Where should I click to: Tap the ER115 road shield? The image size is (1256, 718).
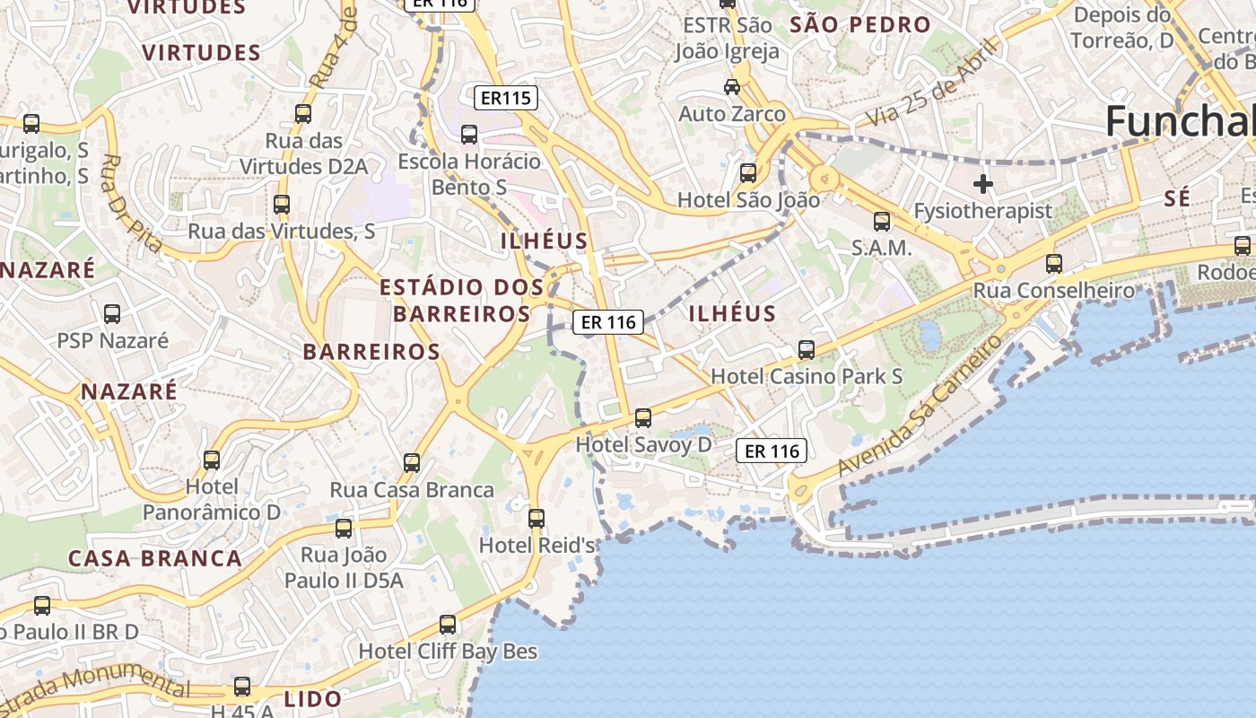505,98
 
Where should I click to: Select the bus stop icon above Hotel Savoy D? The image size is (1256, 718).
642,417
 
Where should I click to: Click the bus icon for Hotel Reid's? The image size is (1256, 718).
536,518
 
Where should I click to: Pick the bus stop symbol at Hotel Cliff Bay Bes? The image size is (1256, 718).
448,624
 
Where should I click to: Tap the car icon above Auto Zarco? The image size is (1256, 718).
732,87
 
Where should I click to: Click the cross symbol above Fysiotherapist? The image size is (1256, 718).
983,184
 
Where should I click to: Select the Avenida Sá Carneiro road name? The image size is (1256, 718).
920,406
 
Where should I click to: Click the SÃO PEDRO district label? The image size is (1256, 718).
859,25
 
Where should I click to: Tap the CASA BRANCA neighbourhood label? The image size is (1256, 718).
155,558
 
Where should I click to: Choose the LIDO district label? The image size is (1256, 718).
312,698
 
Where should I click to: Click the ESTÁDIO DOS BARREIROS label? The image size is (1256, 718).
462,301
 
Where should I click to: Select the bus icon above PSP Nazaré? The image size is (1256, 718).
112,314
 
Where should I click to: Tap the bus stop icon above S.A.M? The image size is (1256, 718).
882,221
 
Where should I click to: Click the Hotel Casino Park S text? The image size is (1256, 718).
807,376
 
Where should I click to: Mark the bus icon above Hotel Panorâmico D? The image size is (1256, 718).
212,460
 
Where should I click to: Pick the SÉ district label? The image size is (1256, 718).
1177,198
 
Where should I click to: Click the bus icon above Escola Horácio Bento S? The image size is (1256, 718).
469,135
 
